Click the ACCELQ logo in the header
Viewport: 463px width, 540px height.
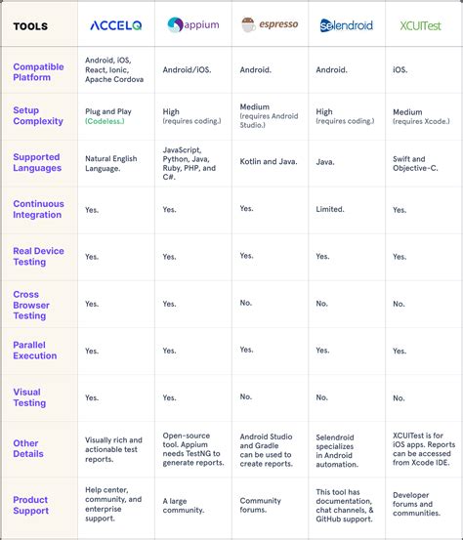click(116, 25)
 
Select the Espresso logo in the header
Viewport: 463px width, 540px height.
click(270, 24)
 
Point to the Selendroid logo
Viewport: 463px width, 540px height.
click(346, 25)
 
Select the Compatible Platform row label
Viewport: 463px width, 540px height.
click(38, 71)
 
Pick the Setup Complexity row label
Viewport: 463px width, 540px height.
click(39, 116)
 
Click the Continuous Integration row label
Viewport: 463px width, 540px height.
click(38, 209)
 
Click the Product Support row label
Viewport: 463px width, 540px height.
click(30, 506)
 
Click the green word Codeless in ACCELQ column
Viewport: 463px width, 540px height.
click(108, 123)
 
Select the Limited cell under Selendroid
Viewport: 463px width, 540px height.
click(330, 209)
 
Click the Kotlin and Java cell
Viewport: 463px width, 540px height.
click(267, 162)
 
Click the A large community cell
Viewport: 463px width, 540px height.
click(182, 506)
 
